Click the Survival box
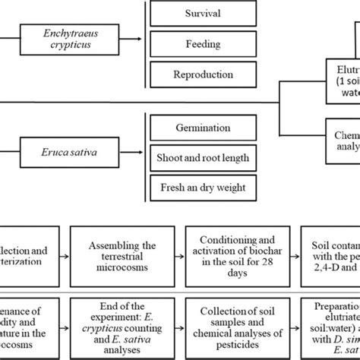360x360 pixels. (x=199, y=14)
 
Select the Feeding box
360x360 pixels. (x=199, y=44)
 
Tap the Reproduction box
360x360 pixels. (x=199, y=74)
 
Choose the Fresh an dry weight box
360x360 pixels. (x=199, y=188)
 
